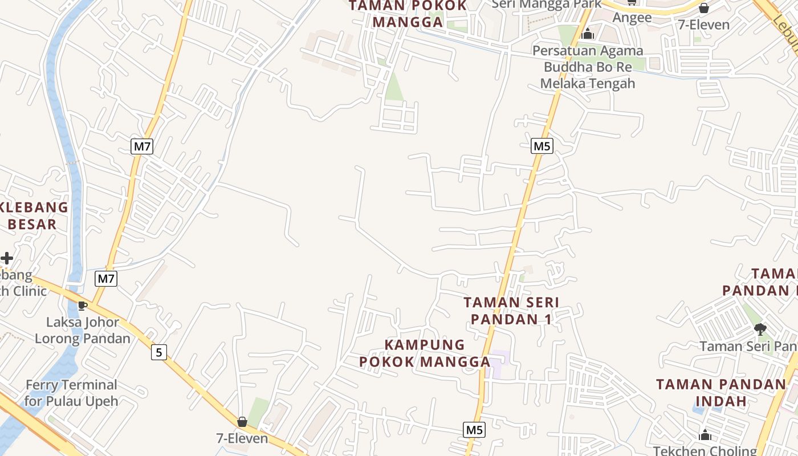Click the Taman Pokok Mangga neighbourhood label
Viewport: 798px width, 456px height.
point(408,14)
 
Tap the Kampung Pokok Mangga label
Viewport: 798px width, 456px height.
point(425,353)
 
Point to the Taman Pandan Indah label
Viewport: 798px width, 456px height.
point(721,392)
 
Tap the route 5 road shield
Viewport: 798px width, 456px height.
point(159,352)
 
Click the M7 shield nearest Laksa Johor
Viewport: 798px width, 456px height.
point(106,279)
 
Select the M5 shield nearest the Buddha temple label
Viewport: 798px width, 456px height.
point(541,146)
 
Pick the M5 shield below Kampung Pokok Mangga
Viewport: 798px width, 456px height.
point(474,430)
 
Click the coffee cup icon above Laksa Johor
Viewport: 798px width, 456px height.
point(83,306)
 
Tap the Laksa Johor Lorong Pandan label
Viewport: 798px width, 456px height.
point(83,330)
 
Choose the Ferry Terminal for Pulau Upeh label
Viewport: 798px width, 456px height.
point(71,393)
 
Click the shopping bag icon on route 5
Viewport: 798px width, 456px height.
point(242,422)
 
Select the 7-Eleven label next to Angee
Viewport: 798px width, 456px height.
point(704,25)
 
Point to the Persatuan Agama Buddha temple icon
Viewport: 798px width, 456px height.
point(588,34)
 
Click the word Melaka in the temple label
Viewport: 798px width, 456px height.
point(565,83)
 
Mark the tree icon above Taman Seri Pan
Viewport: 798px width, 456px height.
point(760,329)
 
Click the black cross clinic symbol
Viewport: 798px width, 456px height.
point(6,258)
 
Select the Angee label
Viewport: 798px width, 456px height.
point(632,18)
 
